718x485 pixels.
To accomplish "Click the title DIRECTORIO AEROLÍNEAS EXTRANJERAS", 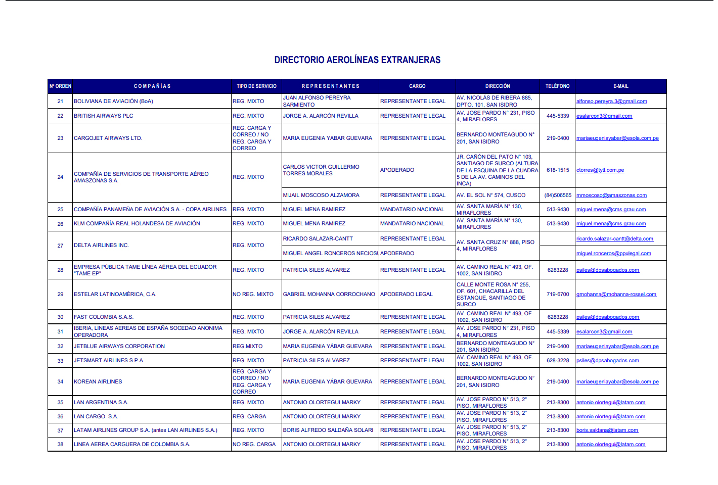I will click(x=357, y=60).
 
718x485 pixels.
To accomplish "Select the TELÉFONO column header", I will click(x=557, y=86).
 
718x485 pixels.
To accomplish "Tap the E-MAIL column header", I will click(x=620, y=86).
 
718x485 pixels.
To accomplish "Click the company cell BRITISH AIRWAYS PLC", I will click(x=104, y=116).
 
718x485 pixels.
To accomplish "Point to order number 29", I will click(x=60, y=294).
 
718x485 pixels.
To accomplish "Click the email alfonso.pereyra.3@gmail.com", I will click(x=611, y=102).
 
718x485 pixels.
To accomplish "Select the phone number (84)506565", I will click(x=558, y=196).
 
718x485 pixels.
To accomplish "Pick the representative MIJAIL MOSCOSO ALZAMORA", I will click(x=321, y=196).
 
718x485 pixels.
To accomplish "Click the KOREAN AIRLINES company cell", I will click(x=98, y=382).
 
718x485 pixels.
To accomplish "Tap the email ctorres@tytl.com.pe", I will click(x=600, y=170).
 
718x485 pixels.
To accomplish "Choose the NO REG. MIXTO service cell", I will click(x=253, y=294).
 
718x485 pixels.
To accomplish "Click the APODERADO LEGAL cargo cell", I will click(x=407, y=294).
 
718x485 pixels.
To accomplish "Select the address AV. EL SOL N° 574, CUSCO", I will click(x=491, y=196).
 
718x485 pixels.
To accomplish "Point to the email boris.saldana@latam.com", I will click(x=607, y=430).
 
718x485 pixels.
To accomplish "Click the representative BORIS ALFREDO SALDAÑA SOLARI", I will click(x=328, y=430).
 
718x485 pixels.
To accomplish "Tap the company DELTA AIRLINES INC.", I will click(x=101, y=246).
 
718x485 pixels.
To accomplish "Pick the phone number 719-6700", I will click(x=558, y=294).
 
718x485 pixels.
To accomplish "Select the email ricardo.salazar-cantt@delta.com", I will click(x=614, y=239).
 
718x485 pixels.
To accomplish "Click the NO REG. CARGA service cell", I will click(x=254, y=445).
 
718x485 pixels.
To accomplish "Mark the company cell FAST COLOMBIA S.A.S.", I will click(x=104, y=317).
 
